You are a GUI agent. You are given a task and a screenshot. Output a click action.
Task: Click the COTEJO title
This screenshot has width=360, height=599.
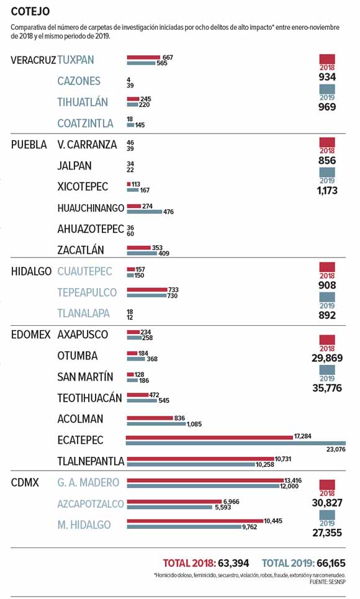coord(30,11)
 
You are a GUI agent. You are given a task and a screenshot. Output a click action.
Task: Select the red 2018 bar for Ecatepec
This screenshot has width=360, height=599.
coord(209,437)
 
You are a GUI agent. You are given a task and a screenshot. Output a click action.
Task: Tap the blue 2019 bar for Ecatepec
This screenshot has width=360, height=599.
coord(236,443)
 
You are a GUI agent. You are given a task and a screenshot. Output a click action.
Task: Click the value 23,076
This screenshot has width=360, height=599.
coord(336,449)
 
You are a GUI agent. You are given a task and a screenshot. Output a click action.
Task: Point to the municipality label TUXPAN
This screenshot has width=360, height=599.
coord(76,60)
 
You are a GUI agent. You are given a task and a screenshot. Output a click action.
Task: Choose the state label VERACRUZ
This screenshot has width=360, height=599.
coord(34,60)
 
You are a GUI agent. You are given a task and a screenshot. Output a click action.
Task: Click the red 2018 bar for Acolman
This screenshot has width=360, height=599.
coord(150,418)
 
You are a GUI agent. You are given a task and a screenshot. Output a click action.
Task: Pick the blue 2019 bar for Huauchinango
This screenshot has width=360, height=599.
coord(145,211)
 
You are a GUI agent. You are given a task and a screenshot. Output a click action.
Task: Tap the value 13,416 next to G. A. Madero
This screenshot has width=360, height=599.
coord(293,480)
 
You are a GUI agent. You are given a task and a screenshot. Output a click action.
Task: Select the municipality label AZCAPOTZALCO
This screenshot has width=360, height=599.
coord(91,504)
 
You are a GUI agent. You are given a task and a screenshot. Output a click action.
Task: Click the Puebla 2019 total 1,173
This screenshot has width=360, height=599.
coord(327,190)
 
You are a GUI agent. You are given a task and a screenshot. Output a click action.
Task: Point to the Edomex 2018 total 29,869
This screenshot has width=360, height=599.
coord(327,358)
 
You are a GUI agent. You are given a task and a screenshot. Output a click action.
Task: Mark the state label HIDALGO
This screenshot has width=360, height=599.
coord(31,271)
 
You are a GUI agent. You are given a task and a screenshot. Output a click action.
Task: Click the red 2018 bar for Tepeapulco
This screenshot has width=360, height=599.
coord(146,289)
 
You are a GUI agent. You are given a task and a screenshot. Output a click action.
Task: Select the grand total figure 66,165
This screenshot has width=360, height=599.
coord(331,563)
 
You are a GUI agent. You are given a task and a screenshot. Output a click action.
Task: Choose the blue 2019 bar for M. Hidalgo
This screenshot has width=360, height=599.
coord(184,527)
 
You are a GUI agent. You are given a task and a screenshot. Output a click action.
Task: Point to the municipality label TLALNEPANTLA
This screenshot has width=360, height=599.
coord(91,461)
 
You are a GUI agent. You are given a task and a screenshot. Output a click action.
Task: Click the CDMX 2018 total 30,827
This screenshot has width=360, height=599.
coord(327,503)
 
